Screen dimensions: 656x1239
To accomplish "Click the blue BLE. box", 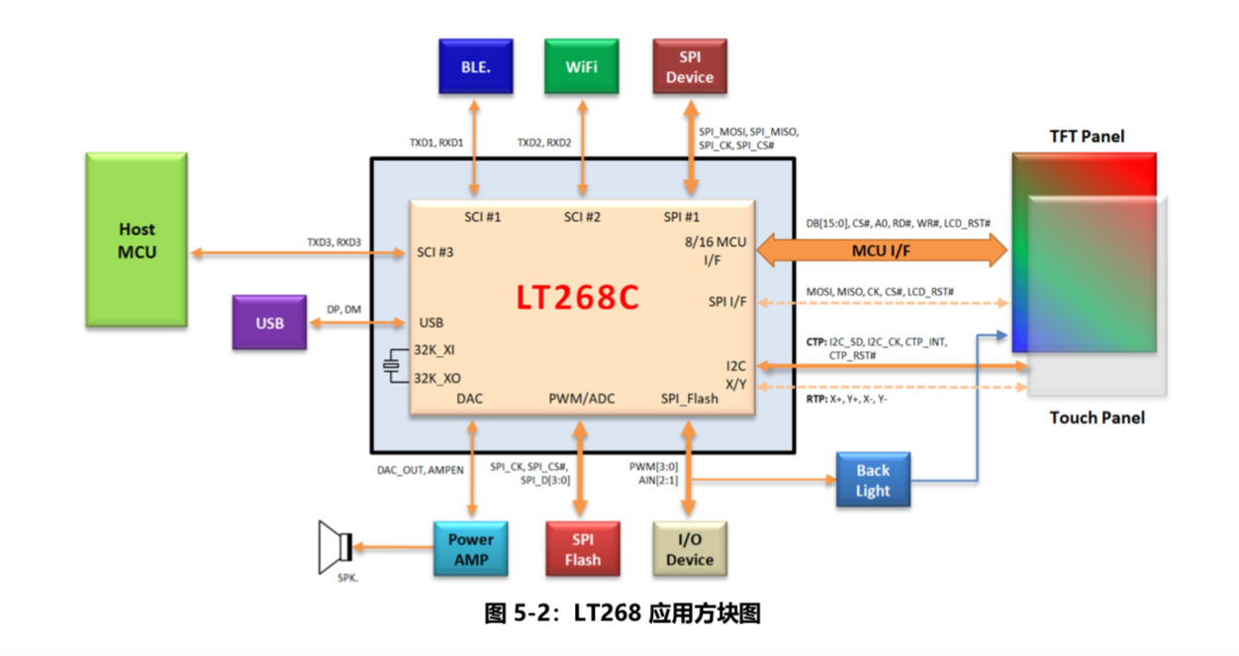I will click(476, 67).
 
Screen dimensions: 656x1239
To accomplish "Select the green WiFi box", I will click(582, 67).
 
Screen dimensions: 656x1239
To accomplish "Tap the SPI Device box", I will click(690, 67).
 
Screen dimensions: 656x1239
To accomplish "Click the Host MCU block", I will click(137, 240).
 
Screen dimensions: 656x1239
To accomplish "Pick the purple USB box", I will click(269, 323).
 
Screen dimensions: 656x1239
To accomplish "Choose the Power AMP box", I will click(471, 549).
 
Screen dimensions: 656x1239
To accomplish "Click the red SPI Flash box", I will click(582, 549).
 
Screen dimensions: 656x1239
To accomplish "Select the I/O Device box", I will click(690, 549).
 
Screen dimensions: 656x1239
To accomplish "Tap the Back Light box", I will click(873, 480).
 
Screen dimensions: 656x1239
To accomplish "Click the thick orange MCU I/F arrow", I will click(882, 251).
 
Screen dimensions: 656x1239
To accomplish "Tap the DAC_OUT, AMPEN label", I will click(420, 470).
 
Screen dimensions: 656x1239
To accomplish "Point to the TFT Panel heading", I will click(1087, 137).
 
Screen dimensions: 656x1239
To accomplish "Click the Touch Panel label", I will click(1096, 418).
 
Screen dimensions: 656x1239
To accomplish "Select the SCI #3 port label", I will click(436, 253).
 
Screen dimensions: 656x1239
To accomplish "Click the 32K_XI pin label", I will click(435, 350).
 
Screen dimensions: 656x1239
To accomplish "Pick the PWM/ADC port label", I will click(582, 399).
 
